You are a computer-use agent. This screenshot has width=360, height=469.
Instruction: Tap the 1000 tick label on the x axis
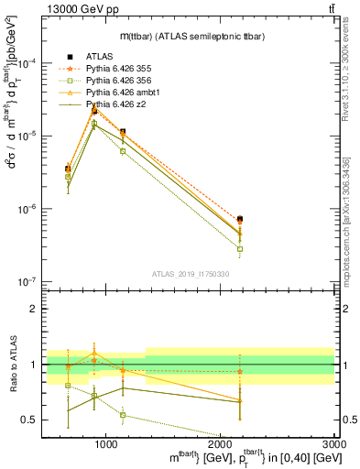click(x=106, y=444)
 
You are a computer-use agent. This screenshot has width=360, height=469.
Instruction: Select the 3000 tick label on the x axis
click(x=334, y=444)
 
